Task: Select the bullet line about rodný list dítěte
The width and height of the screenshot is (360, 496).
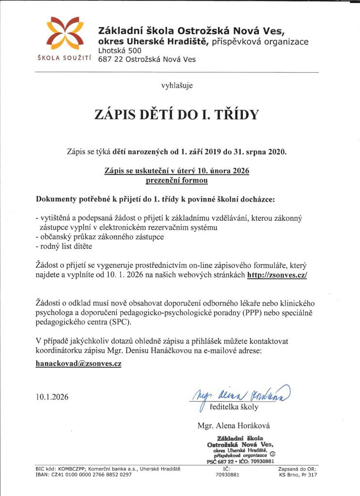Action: (64, 246)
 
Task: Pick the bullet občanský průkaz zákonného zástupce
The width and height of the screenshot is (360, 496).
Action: (100, 237)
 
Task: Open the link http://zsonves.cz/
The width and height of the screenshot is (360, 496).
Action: (277, 274)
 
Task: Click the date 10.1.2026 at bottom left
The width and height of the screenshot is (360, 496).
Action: (52, 397)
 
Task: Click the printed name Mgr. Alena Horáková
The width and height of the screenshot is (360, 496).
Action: (234, 426)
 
